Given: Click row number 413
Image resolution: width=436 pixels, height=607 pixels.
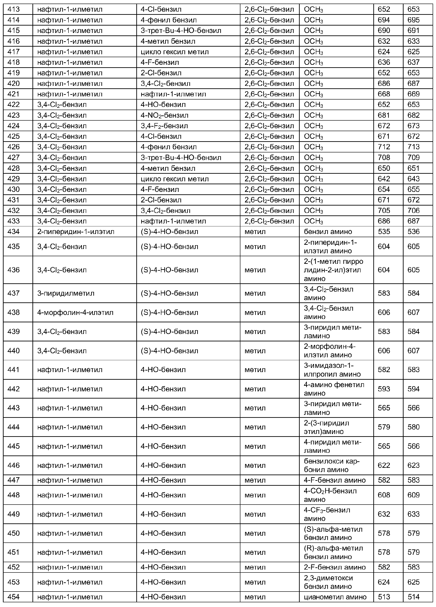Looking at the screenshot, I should (x=14, y=9).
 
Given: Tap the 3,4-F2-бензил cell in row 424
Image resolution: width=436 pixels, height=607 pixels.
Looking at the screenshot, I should (x=164, y=126).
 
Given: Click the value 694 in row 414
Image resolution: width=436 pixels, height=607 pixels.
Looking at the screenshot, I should (x=384, y=20).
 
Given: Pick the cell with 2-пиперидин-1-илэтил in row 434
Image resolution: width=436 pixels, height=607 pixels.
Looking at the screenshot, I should (x=76, y=232).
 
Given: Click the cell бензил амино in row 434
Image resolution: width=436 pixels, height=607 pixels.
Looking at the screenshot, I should (x=328, y=232).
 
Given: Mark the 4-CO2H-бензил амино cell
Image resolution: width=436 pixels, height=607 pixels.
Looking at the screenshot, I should (x=330, y=495).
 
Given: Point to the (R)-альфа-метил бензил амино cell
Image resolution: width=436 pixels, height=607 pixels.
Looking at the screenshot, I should (x=333, y=552).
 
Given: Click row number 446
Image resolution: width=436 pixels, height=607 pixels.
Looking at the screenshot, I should (x=14, y=465).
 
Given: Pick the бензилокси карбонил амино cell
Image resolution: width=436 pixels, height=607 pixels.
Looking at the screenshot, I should (x=331, y=465).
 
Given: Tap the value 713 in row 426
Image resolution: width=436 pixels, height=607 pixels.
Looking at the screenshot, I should (x=413, y=147).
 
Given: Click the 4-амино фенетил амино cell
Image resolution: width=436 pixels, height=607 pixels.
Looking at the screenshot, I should (x=334, y=389).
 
